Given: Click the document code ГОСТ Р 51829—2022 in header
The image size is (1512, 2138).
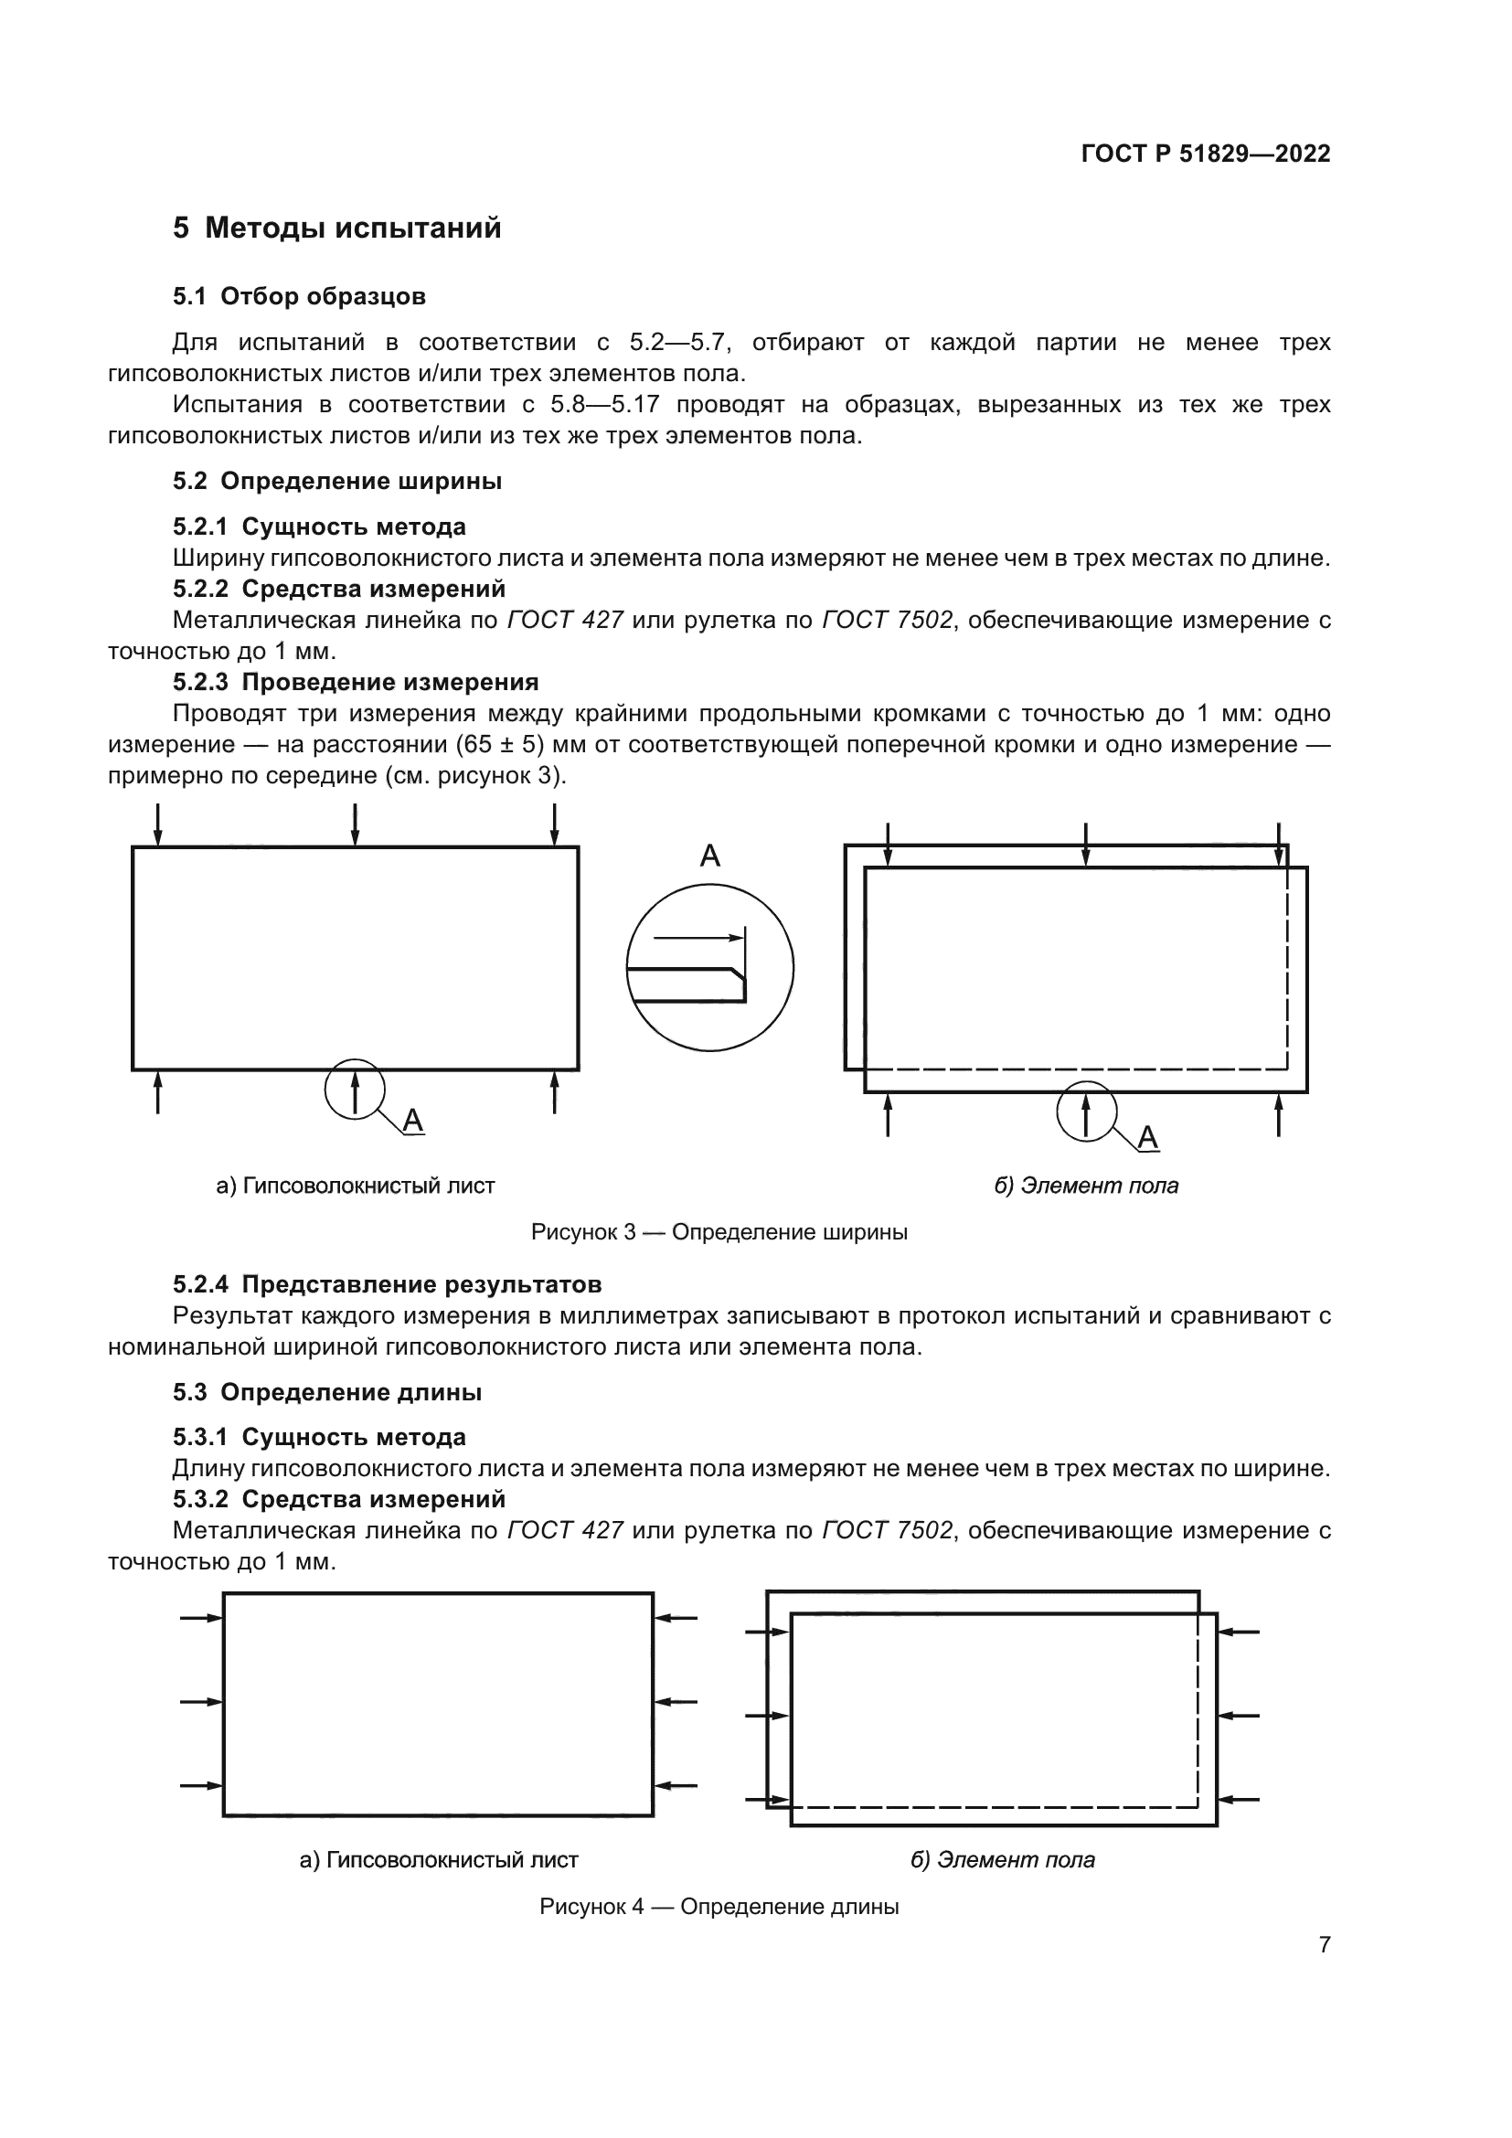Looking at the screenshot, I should [1206, 154].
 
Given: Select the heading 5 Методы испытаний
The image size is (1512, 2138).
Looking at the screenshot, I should [337, 229].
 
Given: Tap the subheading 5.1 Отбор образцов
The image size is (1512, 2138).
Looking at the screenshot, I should [299, 296].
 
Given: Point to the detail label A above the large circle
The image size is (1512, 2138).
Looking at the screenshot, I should [710, 855].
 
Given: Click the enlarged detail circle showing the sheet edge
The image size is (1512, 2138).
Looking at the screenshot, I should [710, 967].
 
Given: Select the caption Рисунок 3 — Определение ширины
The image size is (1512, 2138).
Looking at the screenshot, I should [719, 1232].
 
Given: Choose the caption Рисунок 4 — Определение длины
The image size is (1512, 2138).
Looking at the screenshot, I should [719, 1906].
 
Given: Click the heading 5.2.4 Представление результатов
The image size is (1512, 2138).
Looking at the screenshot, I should [388, 1284].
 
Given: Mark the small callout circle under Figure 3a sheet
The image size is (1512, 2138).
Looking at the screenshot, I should [355, 1089].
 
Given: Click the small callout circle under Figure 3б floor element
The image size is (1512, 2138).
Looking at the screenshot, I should [1087, 1110].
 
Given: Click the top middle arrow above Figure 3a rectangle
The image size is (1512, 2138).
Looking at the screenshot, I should [355, 825].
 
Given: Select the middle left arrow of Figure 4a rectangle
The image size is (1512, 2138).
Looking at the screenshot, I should [201, 1701].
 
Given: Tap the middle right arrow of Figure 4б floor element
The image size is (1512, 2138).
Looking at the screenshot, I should [1240, 1715].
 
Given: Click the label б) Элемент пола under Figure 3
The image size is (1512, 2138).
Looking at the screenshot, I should [1086, 1186].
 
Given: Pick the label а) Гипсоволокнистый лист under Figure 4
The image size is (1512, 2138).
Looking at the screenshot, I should [439, 1859].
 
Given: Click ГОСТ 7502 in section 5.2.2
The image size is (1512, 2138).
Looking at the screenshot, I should [888, 620].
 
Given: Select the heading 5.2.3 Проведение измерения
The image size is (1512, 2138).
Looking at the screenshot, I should [356, 682].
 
